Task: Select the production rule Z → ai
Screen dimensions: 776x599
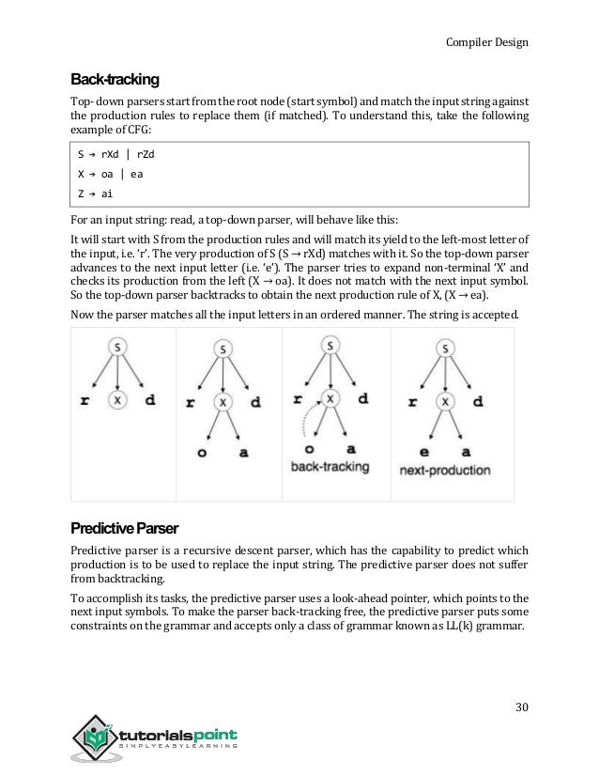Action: point(97,194)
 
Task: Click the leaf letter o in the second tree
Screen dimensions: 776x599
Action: point(201,451)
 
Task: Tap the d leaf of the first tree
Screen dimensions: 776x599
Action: point(149,400)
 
